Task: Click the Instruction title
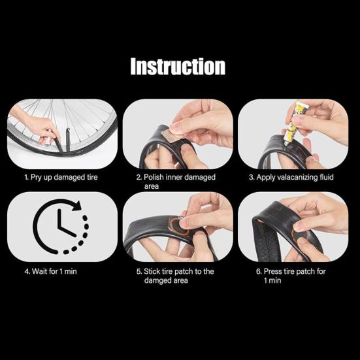pos(178,67)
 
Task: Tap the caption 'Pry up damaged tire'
pos(60,177)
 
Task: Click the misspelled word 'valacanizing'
pos(297,177)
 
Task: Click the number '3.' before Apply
pos(251,177)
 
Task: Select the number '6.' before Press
pos(259,271)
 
